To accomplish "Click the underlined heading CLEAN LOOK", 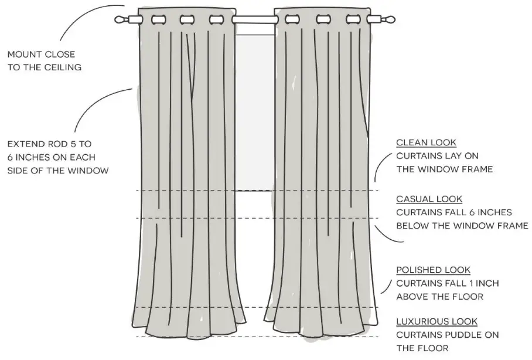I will [x=426, y=142].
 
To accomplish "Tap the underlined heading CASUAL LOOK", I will [x=429, y=199].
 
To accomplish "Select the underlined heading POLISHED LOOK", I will [x=433, y=270].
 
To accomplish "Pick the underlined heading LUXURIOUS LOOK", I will [x=436, y=322].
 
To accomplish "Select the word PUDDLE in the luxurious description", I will [x=465, y=335].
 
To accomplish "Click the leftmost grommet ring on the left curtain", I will [x=158, y=20].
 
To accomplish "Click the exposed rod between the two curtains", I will [x=254, y=20].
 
